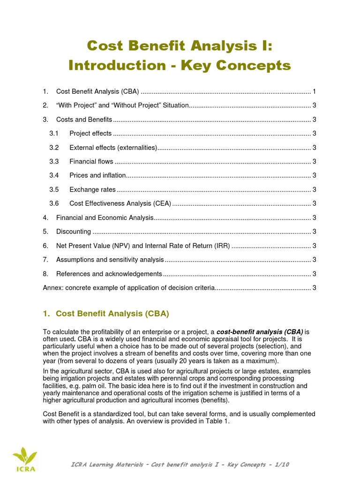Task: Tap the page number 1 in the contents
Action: [x=314, y=91]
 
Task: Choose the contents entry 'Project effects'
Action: [x=90, y=134]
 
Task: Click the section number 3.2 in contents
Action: [x=54, y=148]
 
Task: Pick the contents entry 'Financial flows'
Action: [x=91, y=162]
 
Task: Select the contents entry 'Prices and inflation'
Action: [x=97, y=176]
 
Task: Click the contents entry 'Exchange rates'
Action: [x=92, y=190]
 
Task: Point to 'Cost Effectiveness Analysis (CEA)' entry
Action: [x=120, y=204]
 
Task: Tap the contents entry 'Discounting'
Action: [x=74, y=232]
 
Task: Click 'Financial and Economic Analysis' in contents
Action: [x=105, y=218]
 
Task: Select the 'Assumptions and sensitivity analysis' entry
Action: [x=110, y=260]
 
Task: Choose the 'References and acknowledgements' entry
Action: [x=109, y=274]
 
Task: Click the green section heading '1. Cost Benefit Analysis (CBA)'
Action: [x=106, y=314]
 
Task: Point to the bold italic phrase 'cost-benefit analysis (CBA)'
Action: [x=260, y=332]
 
